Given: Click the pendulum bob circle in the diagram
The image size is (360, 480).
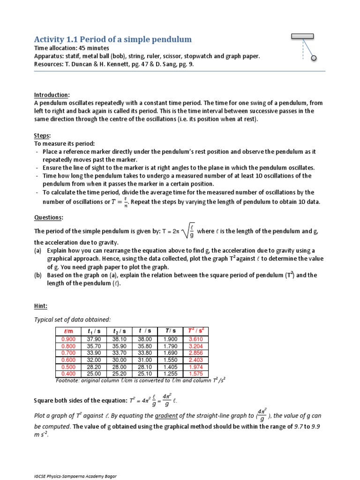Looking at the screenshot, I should (314, 58).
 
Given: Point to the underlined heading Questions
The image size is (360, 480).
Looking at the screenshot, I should (49, 217).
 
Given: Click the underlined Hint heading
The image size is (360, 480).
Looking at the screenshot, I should (41, 306).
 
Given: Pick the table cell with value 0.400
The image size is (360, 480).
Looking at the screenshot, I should (68, 374).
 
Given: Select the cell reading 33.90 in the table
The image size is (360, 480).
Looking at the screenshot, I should (94, 353).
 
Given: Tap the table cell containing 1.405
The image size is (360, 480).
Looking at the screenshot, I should (170, 367).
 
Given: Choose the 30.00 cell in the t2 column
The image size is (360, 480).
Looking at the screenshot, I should (120, 360).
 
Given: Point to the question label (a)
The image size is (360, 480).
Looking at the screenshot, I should (38, 251).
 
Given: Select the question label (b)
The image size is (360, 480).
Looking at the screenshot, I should (38, 275).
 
